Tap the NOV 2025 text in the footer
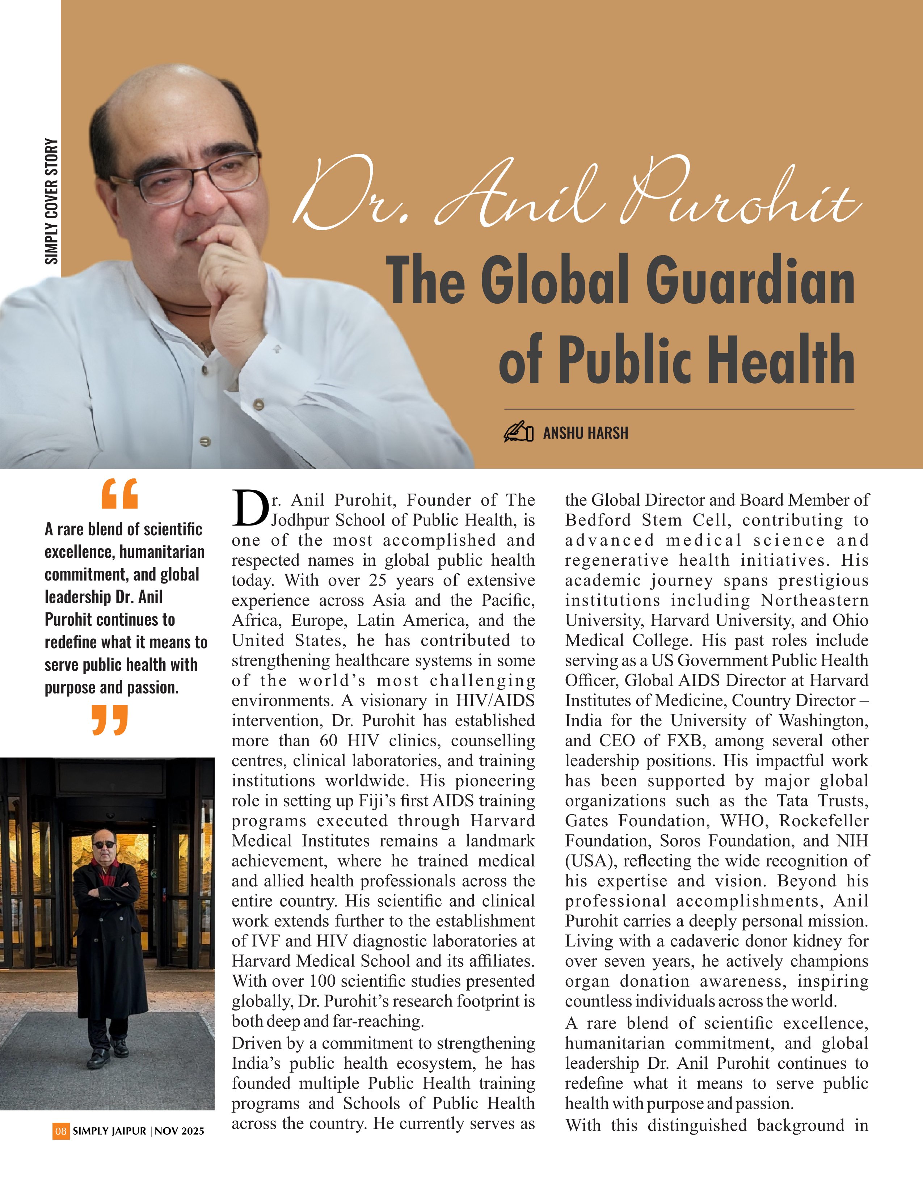click(179, 1131)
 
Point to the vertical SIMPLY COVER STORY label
click(51, 201)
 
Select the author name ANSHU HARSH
click(585, 433)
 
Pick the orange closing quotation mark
click(110, 720)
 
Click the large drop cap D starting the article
click(250, 509)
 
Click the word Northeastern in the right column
click(814, 600)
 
